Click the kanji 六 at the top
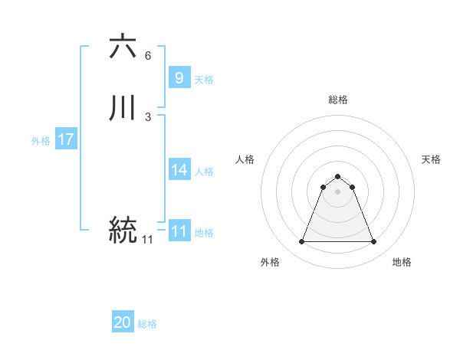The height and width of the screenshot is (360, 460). coord(123,47)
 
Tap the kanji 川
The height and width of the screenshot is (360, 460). coord(123,108)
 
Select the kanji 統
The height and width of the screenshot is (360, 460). coord(123,229)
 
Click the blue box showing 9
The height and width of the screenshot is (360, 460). coord(179,77)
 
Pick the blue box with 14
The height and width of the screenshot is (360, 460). coord(179,170)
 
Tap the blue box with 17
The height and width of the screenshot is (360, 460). coord(65,139)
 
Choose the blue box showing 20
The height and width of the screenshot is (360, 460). coord(123,322)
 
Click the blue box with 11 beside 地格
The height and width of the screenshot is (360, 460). coord(179,231)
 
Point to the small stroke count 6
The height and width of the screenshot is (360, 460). coord(147,56)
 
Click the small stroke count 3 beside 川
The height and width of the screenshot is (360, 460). coord(147,117)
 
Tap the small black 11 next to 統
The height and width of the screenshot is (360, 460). coord(147,240)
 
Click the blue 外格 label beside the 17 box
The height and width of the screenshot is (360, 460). coord(40,141)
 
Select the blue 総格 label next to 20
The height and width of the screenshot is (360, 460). coord(147,324)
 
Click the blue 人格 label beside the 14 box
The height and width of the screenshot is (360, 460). coord(205,172)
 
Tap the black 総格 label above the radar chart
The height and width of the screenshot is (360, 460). coord(337,100)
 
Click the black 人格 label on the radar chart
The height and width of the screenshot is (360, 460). coord(245,159)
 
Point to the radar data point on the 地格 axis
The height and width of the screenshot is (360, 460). coord(373,242)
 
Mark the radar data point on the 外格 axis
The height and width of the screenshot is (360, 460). coord(301,242)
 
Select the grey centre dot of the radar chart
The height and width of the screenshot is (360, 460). coord(337,191)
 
